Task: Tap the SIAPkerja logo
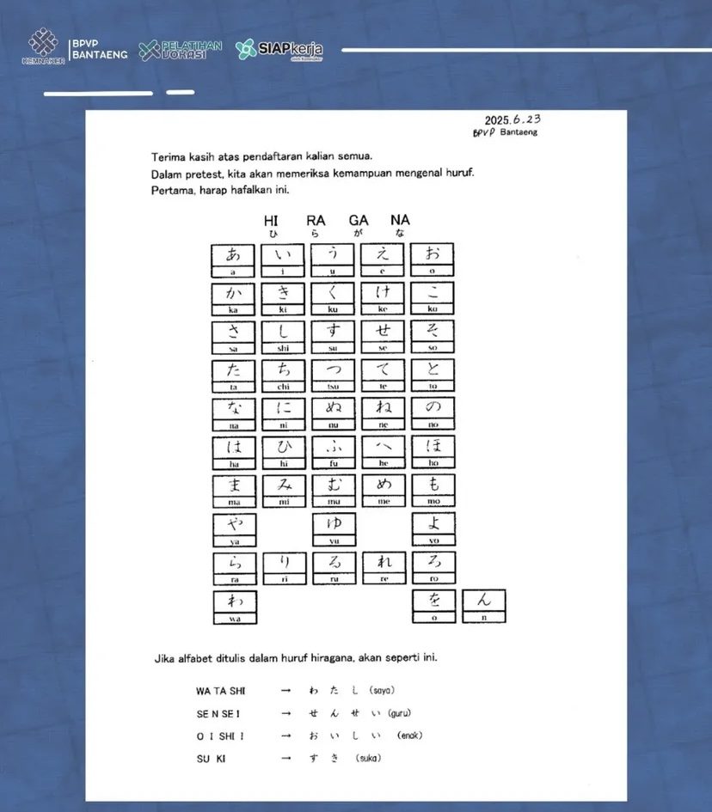click(x=279, y=50)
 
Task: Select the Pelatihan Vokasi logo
click(x=181, y=49)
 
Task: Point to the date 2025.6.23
click(x=512, y=120)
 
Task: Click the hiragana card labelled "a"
click(x=234, y=259)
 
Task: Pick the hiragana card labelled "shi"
click(x=284, y=337)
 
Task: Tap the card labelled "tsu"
click(x=333, y=375)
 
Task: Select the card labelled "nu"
click(x=333, y=414)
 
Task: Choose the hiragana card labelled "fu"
click(x=333, y=453)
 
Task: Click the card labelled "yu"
click(x=333, y=529)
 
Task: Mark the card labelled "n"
click(x=484, y=606)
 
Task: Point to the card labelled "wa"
click(x=234, y=607)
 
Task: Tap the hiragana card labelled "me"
click(x=383, y=491)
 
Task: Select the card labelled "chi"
click(x=284, y=375)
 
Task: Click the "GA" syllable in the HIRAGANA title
click(x=359, y=221)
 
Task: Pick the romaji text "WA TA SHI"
click(x=221, y=691)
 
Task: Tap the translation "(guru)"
click(x=399, y=713)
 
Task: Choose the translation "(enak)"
click(x=410, y=736)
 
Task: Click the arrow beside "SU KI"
click(x=285, y=759)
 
